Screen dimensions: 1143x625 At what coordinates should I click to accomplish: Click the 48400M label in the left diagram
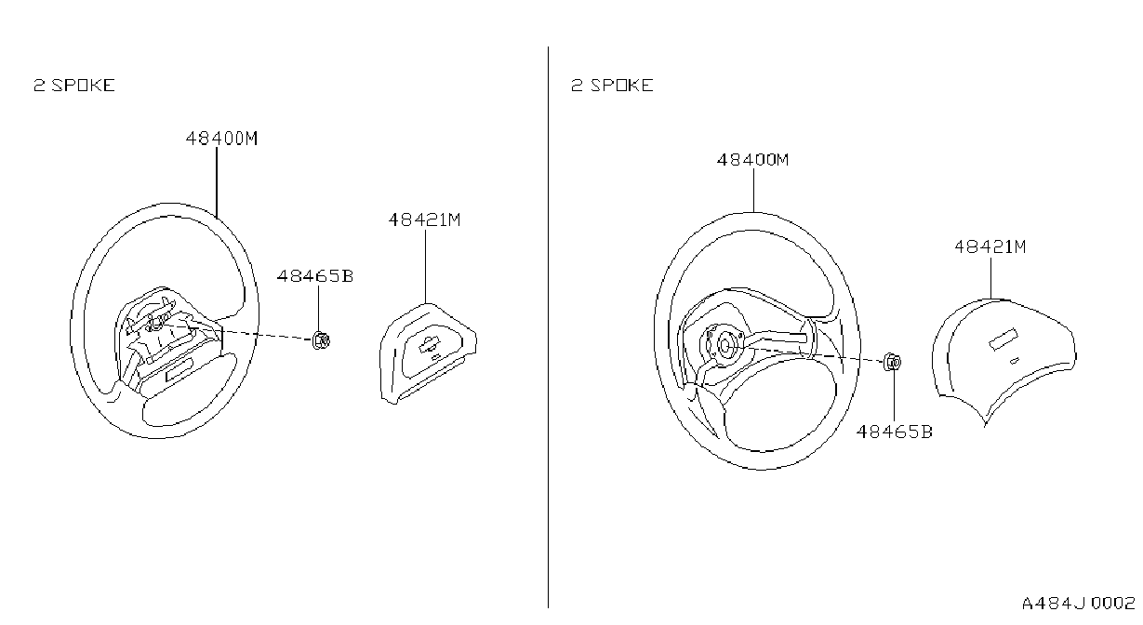tap(221, 139)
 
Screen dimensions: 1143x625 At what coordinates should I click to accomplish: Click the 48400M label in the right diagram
tap(752, 160)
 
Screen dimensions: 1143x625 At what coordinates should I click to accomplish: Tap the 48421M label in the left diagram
tap(424, 219)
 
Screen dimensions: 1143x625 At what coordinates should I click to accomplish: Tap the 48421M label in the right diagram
tap(990, 247)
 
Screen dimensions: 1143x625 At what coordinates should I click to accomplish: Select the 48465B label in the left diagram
tap(315, 276)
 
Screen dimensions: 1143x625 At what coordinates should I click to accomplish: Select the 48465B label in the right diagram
tap(894, 432)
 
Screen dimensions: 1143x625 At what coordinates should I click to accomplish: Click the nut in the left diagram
tap(321, 340)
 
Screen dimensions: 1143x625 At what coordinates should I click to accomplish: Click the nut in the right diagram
tap(893, 362)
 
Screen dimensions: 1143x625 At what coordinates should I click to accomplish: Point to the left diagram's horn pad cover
tap(428, 353)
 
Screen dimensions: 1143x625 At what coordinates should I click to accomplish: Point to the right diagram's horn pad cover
tap(1003, 357)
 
